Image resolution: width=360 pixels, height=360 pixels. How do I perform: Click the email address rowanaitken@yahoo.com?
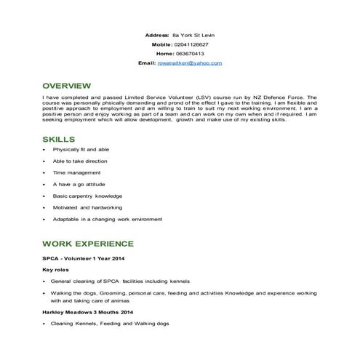pyautogui.click(x=190, y=63)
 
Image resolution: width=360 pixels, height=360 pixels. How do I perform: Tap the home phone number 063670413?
pyautogui.click(x=190, y=53)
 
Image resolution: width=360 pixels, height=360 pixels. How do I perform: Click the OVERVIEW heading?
pyautogui.click(x=67, y=84)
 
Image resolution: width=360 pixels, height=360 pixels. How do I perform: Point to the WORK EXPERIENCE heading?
pyautogui.click(x=88, y=243)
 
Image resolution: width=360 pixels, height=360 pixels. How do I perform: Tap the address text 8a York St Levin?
pyautogui.click(x=193, y=34)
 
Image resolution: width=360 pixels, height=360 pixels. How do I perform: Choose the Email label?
pyautogui.click(x=147, y=63)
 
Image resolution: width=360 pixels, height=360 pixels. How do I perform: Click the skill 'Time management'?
pyautogui.click(x=76, y=172)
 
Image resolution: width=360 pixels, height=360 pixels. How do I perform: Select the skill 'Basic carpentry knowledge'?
pyautogui.click(x=87, y=196)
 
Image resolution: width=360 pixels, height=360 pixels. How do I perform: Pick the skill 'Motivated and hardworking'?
pyautogui.click(x=87, y=207)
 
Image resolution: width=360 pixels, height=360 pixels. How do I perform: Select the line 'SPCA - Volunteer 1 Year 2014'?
pyautogui.click(x=84, y=257)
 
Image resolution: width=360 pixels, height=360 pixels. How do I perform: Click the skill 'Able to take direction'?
pyautogui.click(x=80, y=161)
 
